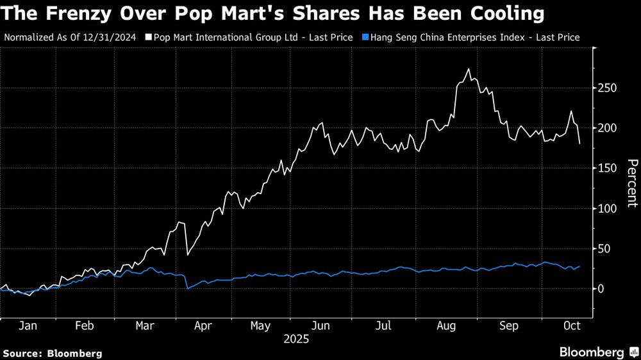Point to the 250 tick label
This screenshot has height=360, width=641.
608,88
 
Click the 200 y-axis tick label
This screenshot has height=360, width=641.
608,128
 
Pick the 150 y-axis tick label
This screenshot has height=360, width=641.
608,168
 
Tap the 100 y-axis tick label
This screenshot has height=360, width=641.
608,209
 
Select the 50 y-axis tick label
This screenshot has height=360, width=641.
605,249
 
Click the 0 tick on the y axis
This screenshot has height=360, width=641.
602,289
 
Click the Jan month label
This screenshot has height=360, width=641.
27,325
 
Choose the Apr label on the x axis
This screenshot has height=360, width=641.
203,325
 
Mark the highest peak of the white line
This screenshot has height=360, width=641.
469,69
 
